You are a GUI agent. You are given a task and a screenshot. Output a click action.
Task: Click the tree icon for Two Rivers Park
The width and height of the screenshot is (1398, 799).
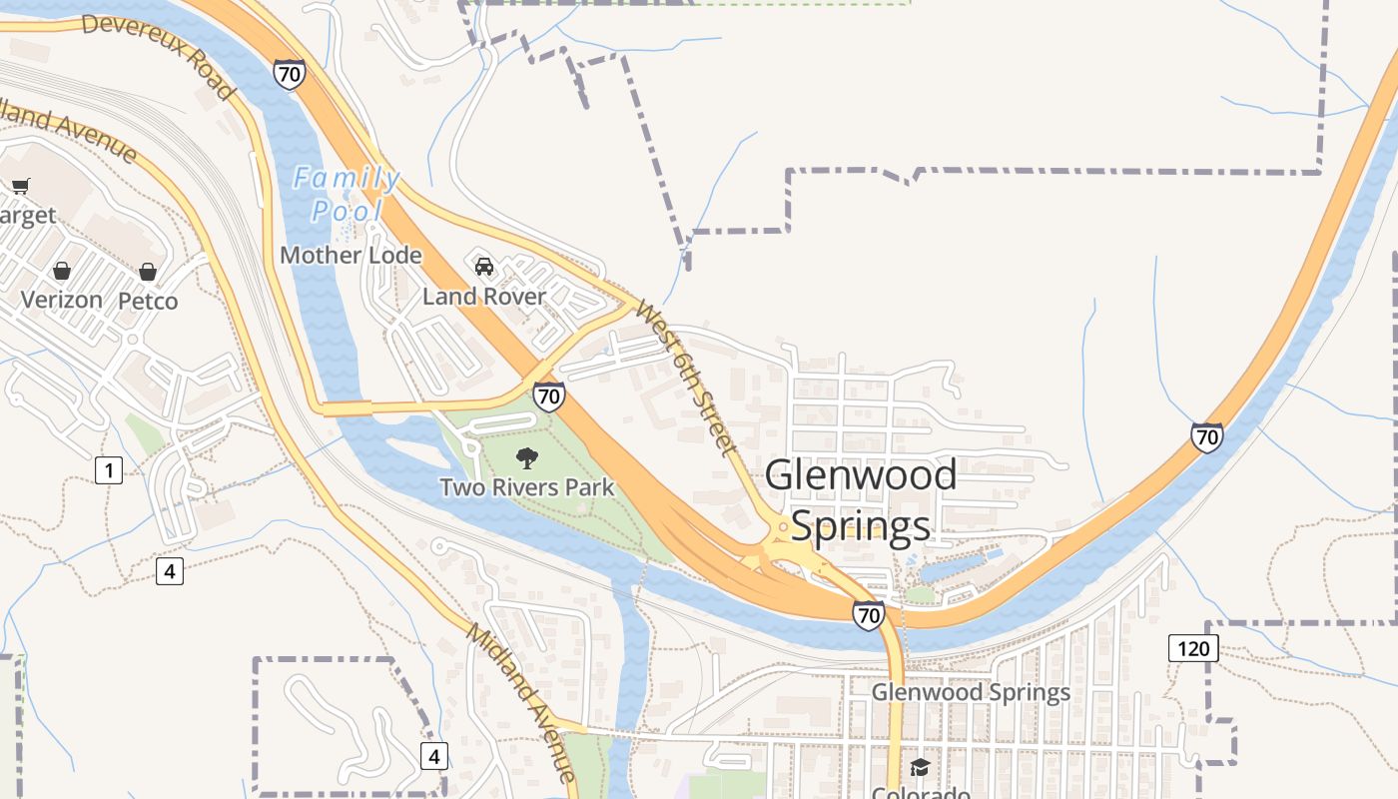tap(526, 458)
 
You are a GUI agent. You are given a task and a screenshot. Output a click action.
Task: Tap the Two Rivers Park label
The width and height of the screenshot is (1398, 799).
tap(527, 487)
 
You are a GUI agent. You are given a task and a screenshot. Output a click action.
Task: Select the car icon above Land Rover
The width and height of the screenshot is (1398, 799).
tap(484, 267)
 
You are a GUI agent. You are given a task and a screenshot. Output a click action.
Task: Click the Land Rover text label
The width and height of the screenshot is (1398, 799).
tap(484, 297)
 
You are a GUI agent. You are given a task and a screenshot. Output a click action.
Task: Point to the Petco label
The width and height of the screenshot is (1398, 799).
tap(148, 301)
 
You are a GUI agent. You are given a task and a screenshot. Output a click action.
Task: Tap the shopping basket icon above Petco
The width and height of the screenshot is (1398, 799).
tap(148, 272)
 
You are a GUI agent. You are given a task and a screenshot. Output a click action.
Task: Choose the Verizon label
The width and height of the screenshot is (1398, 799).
tap(62, 300)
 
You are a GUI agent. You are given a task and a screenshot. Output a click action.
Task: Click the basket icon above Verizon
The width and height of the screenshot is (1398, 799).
tap(62, 271)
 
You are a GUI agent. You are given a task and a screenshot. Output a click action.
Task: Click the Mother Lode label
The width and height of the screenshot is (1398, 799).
tap(350, 256)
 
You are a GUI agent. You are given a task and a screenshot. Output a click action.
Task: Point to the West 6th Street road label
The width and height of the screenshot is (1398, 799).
tap(685, 379)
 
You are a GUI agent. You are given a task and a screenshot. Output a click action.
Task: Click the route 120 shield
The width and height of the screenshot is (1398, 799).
tap(1192, 648)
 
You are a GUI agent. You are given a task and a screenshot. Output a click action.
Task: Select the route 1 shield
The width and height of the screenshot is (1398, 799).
tap(109, 469)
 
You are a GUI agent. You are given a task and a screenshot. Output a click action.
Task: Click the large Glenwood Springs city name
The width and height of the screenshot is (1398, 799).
tap(861, 499)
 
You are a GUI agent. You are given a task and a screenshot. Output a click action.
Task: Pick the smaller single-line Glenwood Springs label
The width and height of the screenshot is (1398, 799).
tap(971, 692)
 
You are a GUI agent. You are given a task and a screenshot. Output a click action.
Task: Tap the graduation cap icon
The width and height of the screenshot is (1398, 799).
tap(920, 767)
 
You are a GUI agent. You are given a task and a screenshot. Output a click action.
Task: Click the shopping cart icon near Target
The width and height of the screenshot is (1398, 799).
tap(21, 186)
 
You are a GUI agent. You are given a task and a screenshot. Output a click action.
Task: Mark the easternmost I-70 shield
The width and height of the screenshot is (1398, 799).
tap(1207, 436)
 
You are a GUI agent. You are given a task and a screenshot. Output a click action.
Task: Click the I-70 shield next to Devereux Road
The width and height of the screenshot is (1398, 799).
tap(290, 74)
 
